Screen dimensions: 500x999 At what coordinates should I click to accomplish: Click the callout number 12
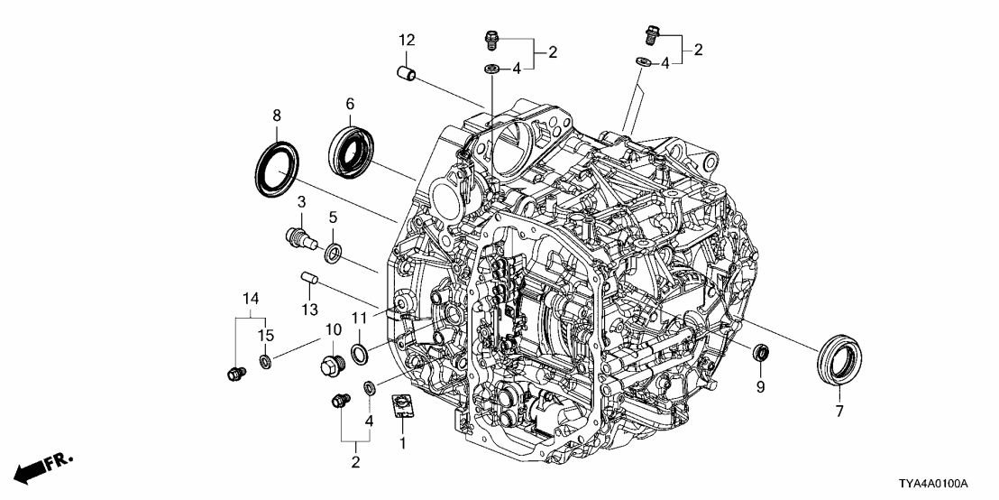(407, 40)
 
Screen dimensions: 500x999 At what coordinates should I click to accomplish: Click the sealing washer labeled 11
(358, 352)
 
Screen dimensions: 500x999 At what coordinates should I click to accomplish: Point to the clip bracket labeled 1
(402, 406)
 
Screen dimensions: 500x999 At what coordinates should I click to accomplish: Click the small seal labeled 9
(761, 351)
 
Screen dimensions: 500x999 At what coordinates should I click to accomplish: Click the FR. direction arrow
(42, 468)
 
